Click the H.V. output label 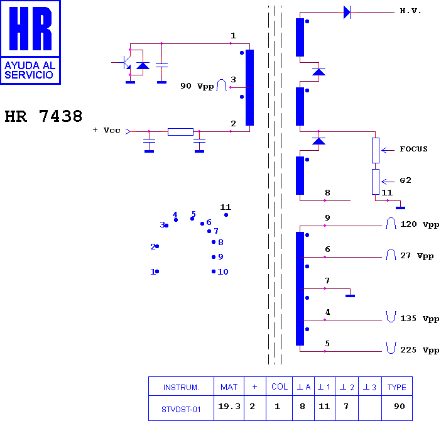410,11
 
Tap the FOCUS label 413,149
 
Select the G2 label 406,180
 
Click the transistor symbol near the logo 125,62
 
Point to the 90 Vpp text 197,86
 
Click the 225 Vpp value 420,350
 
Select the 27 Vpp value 416,256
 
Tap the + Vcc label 106,130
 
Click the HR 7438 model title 43,116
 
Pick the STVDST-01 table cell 181,410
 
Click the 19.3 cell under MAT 229,406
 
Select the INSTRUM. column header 181,388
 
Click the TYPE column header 397,387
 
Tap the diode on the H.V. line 347,13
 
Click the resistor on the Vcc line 180,131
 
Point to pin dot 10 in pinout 214,271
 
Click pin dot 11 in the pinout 226,215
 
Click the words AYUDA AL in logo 30,65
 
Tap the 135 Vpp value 420,319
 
